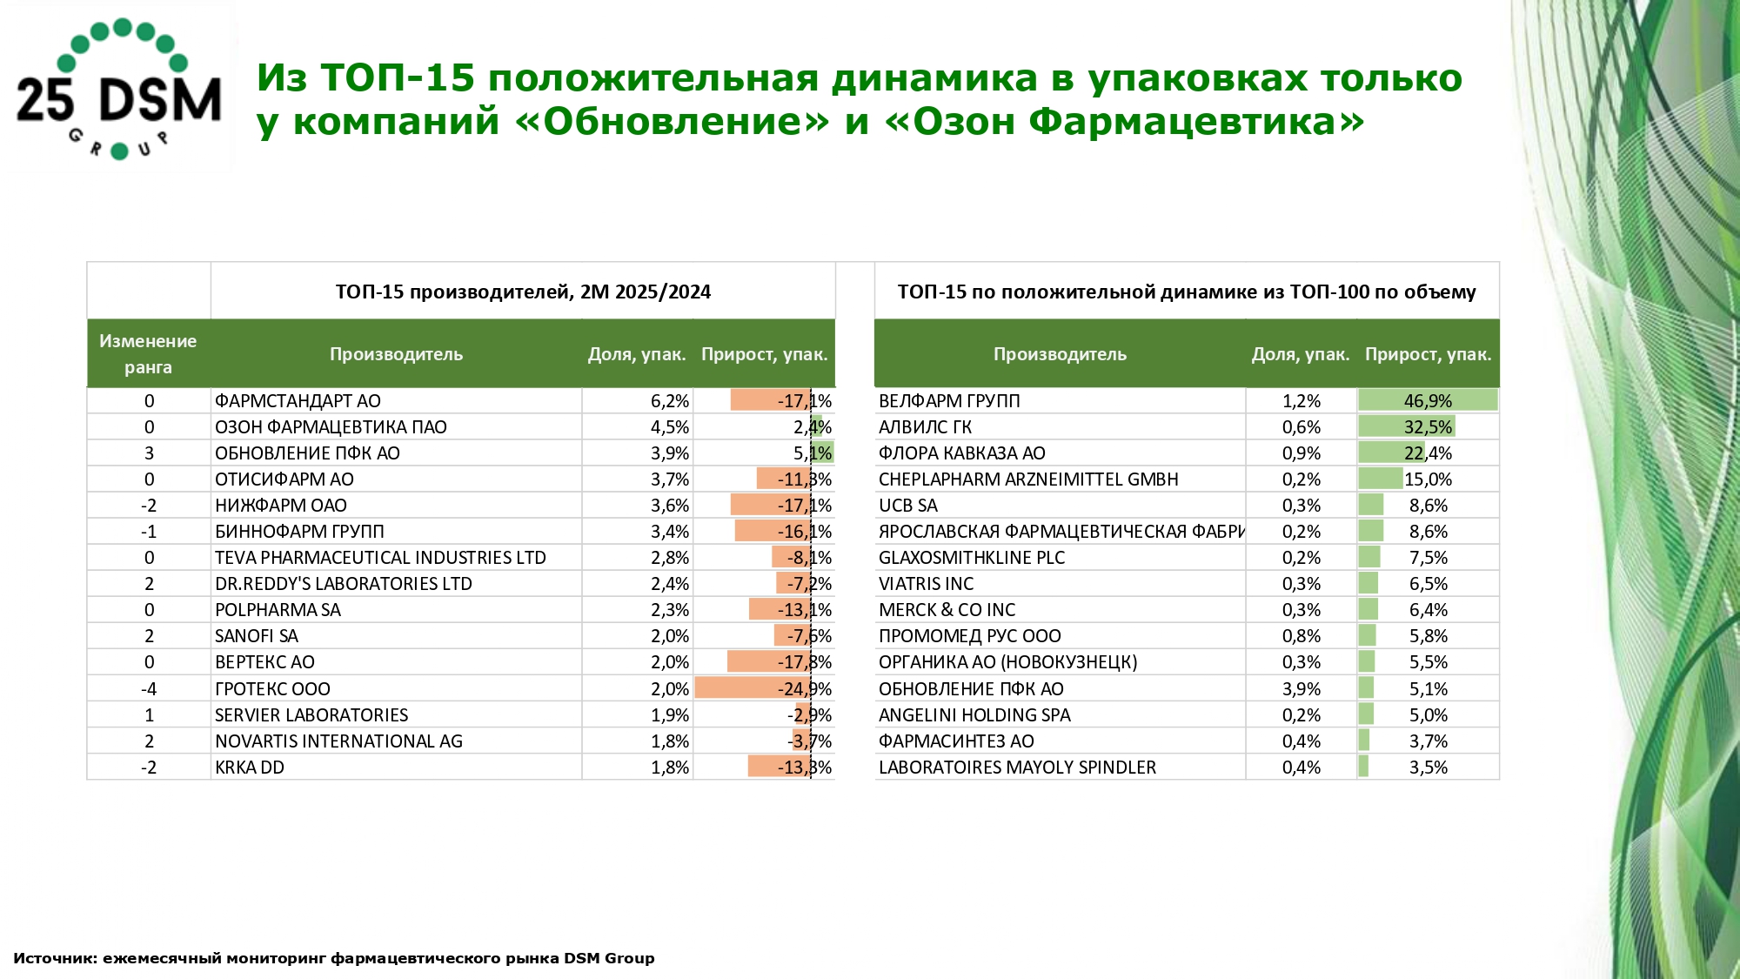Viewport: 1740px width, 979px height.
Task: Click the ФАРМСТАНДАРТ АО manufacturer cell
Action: coord(298,401)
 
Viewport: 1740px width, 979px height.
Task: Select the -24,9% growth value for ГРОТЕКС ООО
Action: coord(804,689)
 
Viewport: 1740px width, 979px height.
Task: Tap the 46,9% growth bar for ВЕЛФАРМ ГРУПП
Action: coord(1428,401)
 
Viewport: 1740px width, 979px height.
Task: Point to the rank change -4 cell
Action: coord(149,689)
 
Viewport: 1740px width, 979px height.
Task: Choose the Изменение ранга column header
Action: coord(148,354)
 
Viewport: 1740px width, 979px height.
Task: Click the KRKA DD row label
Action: coord(250,768)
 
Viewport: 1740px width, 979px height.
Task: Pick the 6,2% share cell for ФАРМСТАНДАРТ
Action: coord(669,401)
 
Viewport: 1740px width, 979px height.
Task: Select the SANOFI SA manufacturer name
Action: coord(257,636)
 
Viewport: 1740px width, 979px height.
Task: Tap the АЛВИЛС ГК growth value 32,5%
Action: coord(1428,427)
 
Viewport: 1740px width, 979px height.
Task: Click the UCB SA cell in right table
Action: coord(908,506)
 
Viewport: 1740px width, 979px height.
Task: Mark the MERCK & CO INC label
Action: coord(947,610)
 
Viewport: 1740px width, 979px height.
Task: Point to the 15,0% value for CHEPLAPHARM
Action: coord(1428,479)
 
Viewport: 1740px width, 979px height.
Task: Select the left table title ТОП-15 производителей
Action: coord(523,292)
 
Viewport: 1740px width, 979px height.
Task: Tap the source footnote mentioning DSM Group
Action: coord(334,958)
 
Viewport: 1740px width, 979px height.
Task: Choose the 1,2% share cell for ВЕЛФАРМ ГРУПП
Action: coord(1301,401)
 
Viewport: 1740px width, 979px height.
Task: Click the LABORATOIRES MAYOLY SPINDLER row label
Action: coord(1017,768)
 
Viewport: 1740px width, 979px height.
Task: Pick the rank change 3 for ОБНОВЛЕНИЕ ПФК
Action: coord(149,453)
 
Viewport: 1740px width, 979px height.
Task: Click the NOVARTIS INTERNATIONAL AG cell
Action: coord(338,741)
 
